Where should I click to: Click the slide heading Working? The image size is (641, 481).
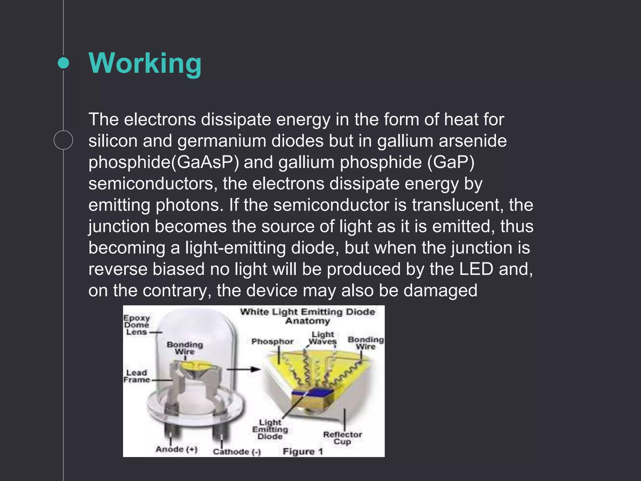145,63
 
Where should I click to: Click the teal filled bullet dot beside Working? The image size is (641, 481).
64,63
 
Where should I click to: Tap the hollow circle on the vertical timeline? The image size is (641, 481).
63,140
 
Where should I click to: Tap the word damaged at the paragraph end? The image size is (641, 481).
440,291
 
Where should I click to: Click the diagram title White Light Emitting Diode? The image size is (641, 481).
307,312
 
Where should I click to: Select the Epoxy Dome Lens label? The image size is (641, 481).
136,325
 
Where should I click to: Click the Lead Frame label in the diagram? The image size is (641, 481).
136,376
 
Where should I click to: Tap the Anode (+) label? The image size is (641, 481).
177,449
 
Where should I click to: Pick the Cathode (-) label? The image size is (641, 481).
237,452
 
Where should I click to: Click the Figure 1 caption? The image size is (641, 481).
302,451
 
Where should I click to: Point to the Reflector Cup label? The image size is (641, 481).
342,438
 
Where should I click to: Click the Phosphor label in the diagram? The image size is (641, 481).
272,341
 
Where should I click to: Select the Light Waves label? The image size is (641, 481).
323,338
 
